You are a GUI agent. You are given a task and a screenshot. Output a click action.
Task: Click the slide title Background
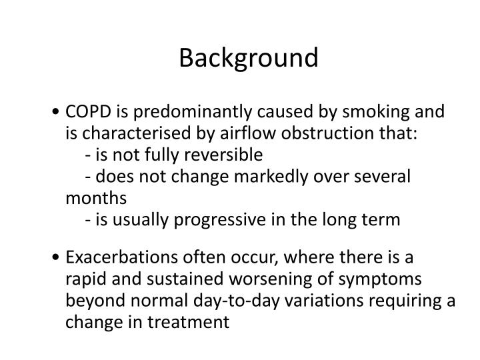tap(249, 58)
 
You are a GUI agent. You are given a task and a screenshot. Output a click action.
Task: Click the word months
tap(95, 198)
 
